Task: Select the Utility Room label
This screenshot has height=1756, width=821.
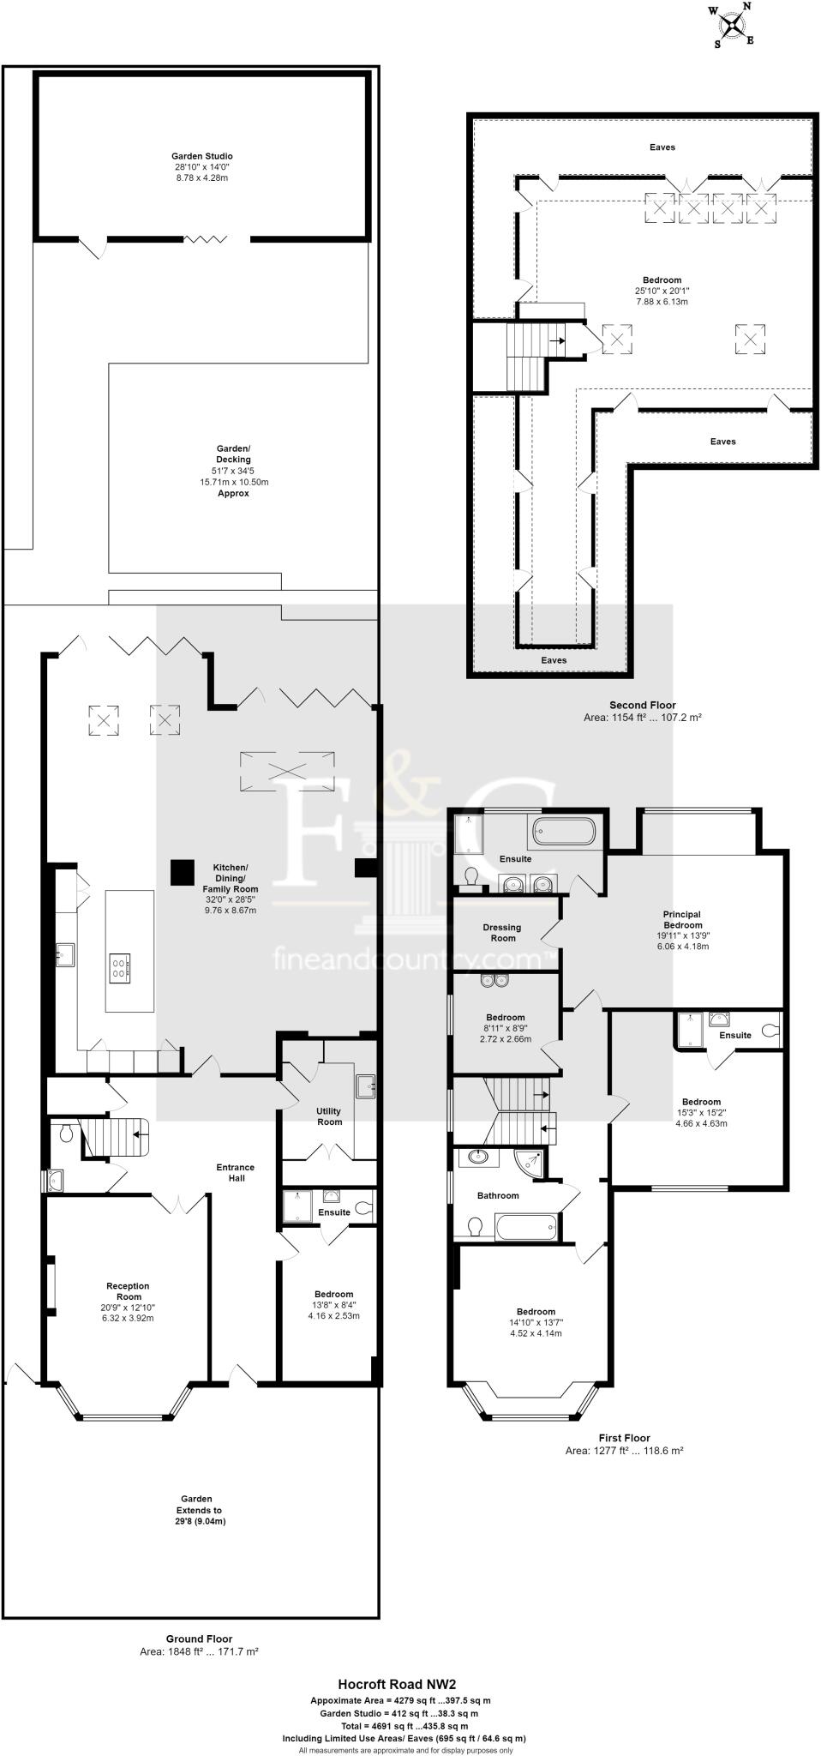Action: click(x=329, y=1116)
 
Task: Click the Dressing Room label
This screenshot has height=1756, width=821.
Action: click(x=501, y=932)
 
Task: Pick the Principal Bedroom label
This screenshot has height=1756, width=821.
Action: click(x=682, y=919)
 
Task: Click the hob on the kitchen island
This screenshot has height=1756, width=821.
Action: click(x=120, y=968)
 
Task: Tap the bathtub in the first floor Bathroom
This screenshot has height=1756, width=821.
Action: click(x=526, y=1227)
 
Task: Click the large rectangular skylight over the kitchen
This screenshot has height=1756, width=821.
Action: click(x=287, y=766)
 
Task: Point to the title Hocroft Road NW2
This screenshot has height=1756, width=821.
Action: click(x=403, y=1684)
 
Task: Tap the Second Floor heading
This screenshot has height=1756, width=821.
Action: click(x=642, y=705)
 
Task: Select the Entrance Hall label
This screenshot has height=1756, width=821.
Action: click(x=235, y=1172)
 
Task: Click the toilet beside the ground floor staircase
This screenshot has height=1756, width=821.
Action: click(x=68, y=1135)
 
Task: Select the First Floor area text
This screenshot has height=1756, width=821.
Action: click(x=624, y=1451)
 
